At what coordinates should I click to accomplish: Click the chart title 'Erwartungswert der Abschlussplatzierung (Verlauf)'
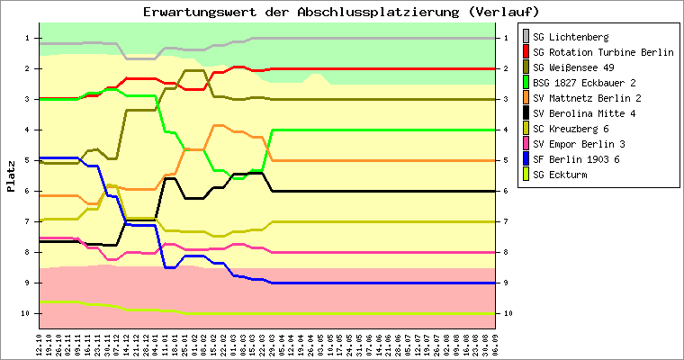341,12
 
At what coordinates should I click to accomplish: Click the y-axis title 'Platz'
11,176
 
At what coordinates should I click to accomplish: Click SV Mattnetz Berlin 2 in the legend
587,98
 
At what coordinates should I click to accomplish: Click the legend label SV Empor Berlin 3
579,144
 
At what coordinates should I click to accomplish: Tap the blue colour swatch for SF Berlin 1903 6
525,159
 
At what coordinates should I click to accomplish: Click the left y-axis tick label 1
27,38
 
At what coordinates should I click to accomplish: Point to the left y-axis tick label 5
27,160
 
